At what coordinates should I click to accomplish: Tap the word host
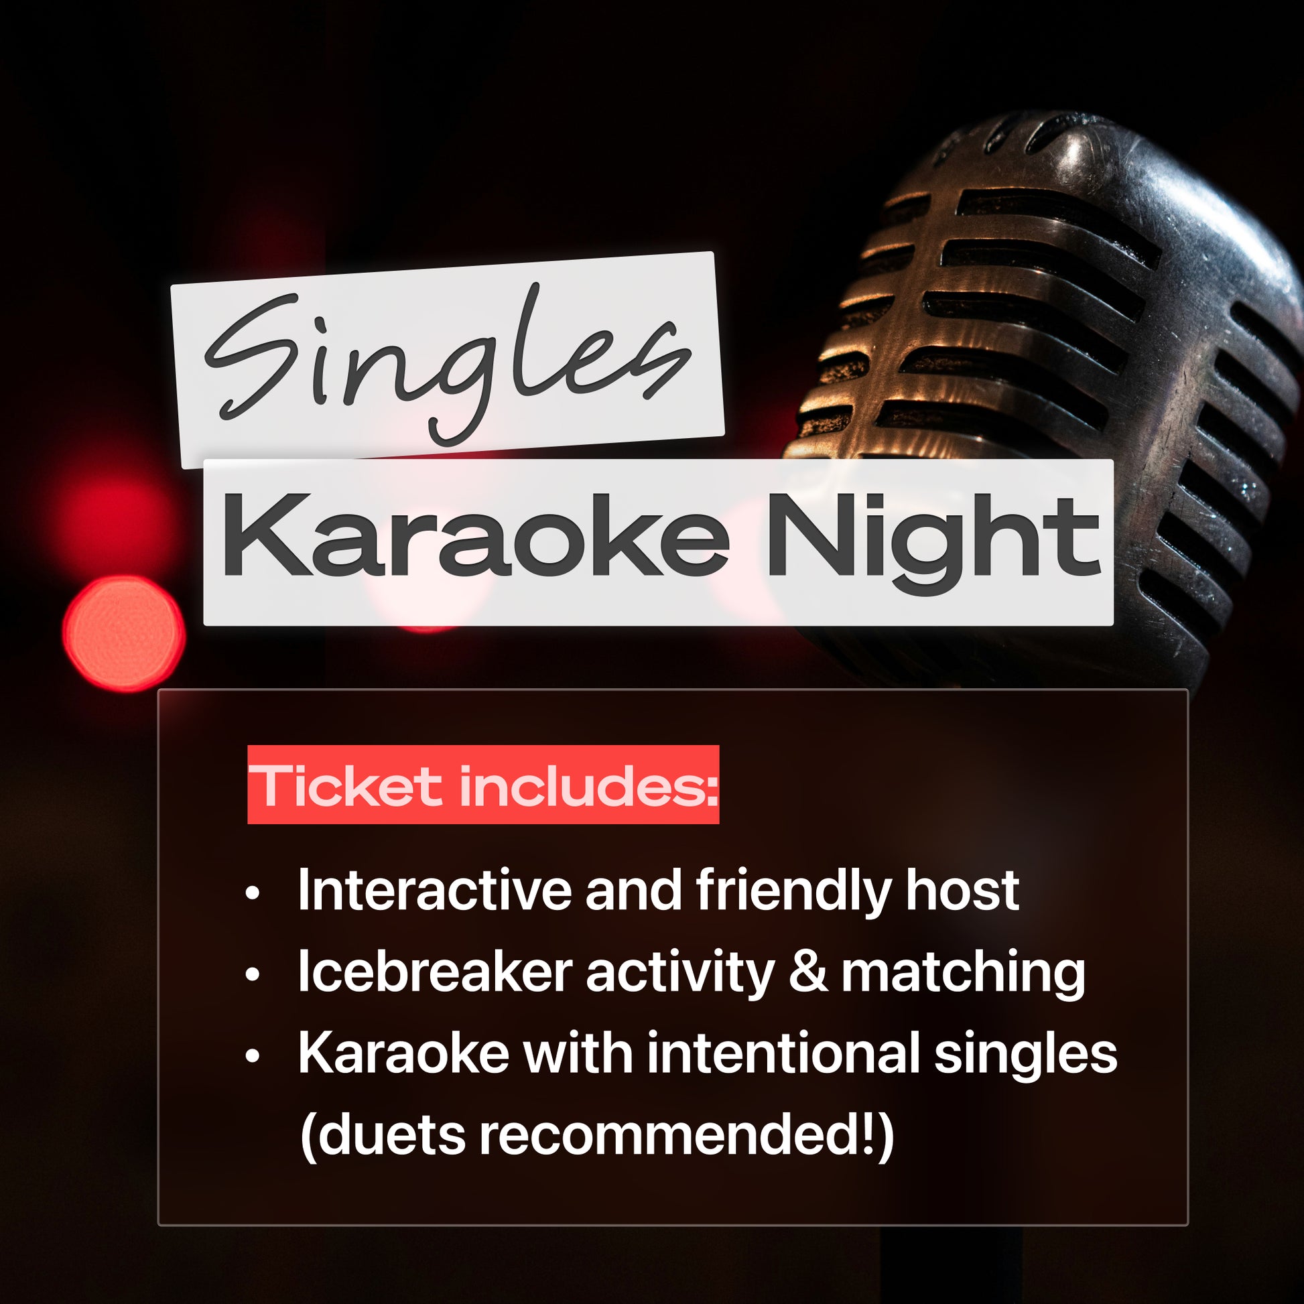(x=962, y=891)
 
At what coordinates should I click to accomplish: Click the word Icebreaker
(x=436, y=972)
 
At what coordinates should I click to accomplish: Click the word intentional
(x=783, y=1053)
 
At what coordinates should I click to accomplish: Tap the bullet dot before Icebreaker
(x=253, y=975)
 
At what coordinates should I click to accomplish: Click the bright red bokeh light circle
(x=124, y=633)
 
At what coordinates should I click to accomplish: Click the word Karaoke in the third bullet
(x=403, y=1053)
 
